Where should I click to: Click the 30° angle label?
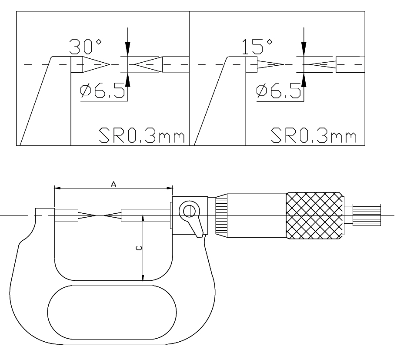(x=86, y=47)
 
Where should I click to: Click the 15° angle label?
(x=257, y=47)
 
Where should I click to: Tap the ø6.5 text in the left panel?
(x=103, y=90)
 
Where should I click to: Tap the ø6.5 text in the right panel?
(x=278, y=90)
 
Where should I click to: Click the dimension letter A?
(x=113, y=184)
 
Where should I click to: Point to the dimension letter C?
(x=139, y=248)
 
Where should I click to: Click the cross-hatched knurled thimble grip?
(x=315, y=216)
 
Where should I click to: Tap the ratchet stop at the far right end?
(x=367, y=215)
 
